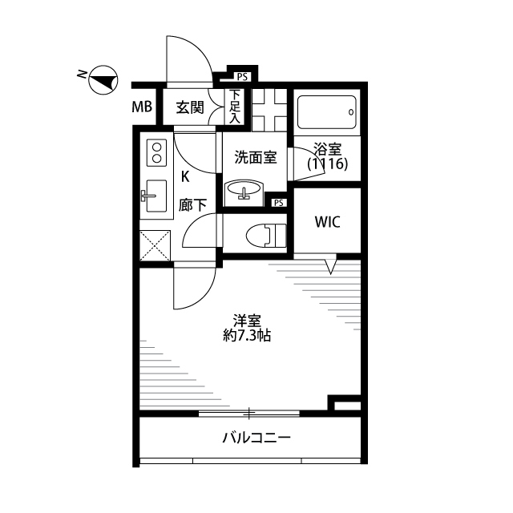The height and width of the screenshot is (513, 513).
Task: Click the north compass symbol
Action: (x=103, y=80)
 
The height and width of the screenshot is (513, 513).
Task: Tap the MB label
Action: (x=142, y=107)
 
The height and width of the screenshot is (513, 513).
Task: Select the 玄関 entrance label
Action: (x=190, y=107)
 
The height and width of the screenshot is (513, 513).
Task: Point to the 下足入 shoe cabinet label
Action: (x=235, y=107)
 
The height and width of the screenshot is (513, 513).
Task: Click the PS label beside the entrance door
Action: (x=242, y=77)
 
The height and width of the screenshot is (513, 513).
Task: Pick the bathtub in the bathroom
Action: (x=327, y=112)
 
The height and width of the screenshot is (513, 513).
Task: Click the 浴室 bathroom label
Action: (x=328, y=149)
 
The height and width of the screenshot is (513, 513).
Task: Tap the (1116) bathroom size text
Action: (x=328, y=164)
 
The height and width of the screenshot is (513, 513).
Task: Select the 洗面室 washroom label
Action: (x=256, y=157)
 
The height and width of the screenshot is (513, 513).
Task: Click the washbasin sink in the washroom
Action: (x=244, y=190)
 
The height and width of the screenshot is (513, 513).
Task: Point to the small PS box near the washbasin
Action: (x=279, y=203)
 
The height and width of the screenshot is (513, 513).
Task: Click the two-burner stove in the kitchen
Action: (x=157, y=152)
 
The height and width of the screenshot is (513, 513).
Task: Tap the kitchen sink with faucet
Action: (x=155, y=196)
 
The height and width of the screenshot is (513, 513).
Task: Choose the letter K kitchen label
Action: (x=185, y=177)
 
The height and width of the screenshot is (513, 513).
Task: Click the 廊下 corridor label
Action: (x=192, y=205)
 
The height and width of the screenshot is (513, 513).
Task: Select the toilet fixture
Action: (x=265, y=235)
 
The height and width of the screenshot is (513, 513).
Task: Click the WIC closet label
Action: (x=328, y=222)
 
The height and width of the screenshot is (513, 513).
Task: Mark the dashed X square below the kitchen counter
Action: (x=155, y=246)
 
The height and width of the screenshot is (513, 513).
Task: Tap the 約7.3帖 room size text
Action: (x=247, y=336)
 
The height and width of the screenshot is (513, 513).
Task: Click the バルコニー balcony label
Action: (x=256, y=438)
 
